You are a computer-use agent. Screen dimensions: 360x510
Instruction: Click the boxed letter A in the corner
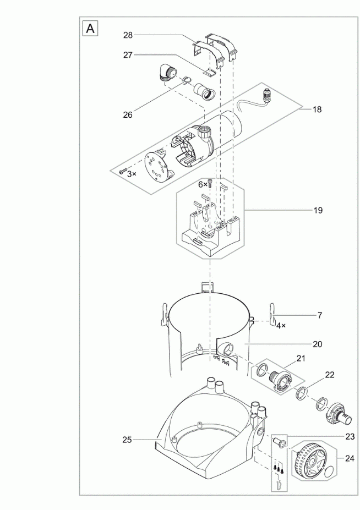(90, 28)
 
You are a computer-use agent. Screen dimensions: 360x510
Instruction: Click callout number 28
(128, 35)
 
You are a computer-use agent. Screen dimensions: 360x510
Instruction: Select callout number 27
(128, 55)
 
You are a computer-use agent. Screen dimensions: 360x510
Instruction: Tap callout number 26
(128, 114)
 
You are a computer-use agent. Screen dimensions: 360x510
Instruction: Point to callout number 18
(317, 109)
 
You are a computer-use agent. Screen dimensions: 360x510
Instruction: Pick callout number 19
(318, 210)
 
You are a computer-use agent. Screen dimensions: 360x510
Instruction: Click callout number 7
(320, 315)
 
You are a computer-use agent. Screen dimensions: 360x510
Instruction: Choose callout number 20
(317, 344)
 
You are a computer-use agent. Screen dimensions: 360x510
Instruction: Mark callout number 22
(329, 375)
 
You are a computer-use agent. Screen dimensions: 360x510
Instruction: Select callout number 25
(127, 440)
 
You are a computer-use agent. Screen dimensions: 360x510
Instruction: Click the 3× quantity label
(132, 174)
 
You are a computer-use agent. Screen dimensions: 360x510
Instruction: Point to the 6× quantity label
(203, 185)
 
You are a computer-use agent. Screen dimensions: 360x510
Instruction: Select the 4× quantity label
(281, 325)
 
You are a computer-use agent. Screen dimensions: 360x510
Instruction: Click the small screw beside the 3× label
(123, 171)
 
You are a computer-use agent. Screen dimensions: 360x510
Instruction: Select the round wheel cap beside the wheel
(328, 470)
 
